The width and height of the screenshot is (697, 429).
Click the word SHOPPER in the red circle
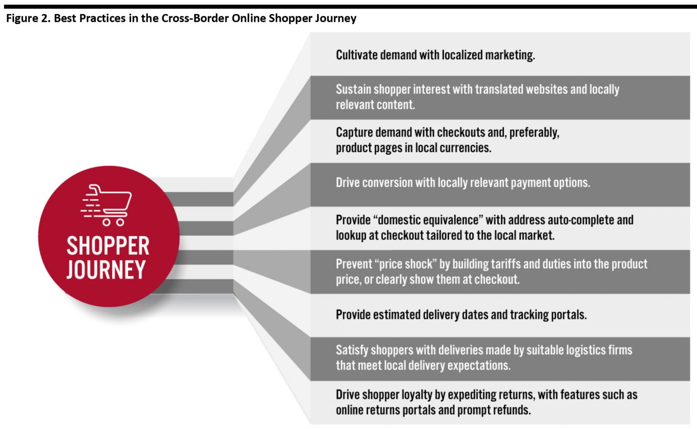(x=108, y=246)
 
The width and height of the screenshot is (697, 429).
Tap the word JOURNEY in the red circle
(x=106, y=270)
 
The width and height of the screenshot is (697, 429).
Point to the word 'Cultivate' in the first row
(x=357, y=55)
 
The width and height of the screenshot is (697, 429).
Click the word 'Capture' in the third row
(x=354, y=132)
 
